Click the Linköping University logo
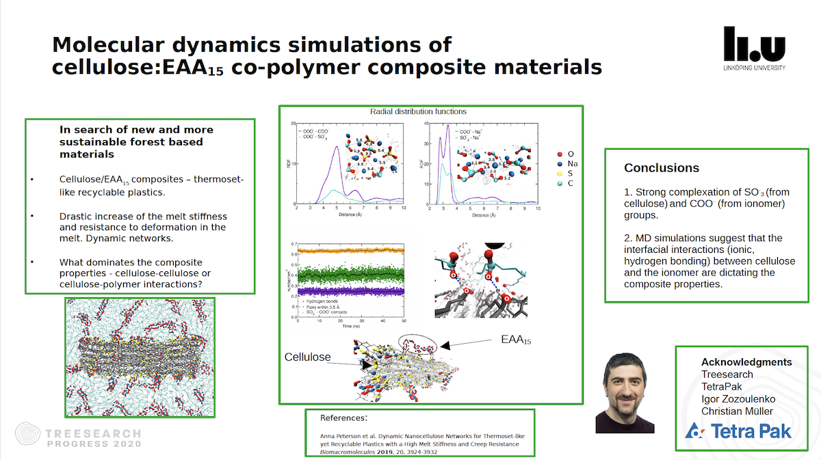[754, 48]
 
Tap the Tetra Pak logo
[738, 431]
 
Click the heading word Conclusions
[661, 168]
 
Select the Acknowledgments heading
[746, 362]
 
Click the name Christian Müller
[737, 411]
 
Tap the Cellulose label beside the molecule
[307, 357]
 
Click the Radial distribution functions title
[418, 111]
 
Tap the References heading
[343, 418]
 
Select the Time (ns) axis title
[352, 327]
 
